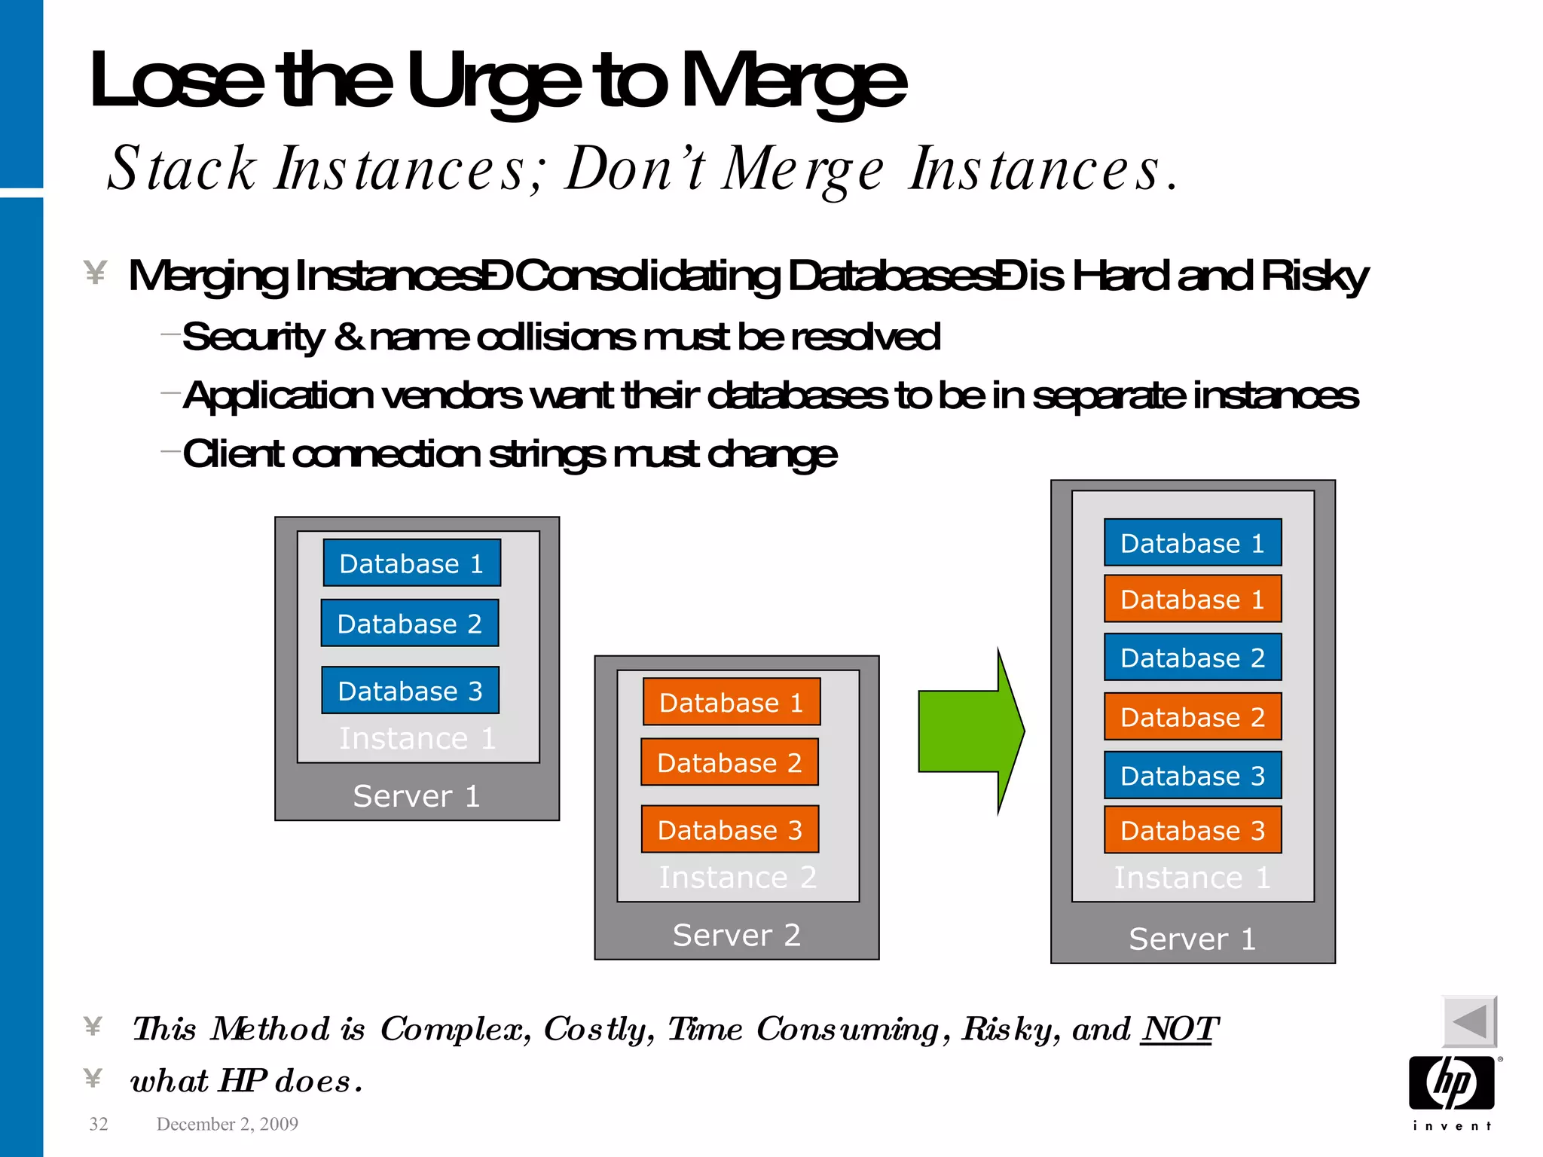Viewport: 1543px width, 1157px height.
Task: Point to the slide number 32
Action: pos(99,1124)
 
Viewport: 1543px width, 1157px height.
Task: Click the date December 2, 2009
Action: pos(227,1124)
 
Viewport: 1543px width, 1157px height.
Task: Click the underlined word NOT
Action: pos(1179,1029)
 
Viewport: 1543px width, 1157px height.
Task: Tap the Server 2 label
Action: pos(736,935)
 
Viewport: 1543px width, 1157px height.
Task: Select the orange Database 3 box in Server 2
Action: pos(729,829)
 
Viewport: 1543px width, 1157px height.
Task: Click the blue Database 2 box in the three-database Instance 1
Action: pos(410,623)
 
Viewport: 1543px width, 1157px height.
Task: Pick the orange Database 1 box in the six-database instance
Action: pos(1192,599)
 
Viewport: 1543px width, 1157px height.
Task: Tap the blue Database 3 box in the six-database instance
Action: pos(1192,775)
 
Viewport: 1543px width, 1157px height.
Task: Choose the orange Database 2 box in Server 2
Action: pos(729,762)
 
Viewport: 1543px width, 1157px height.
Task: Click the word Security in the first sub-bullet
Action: pos(253,337)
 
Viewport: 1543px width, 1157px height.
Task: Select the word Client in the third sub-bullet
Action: pos(233,454)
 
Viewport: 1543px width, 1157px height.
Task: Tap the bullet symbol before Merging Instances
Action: pos(95,273)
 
